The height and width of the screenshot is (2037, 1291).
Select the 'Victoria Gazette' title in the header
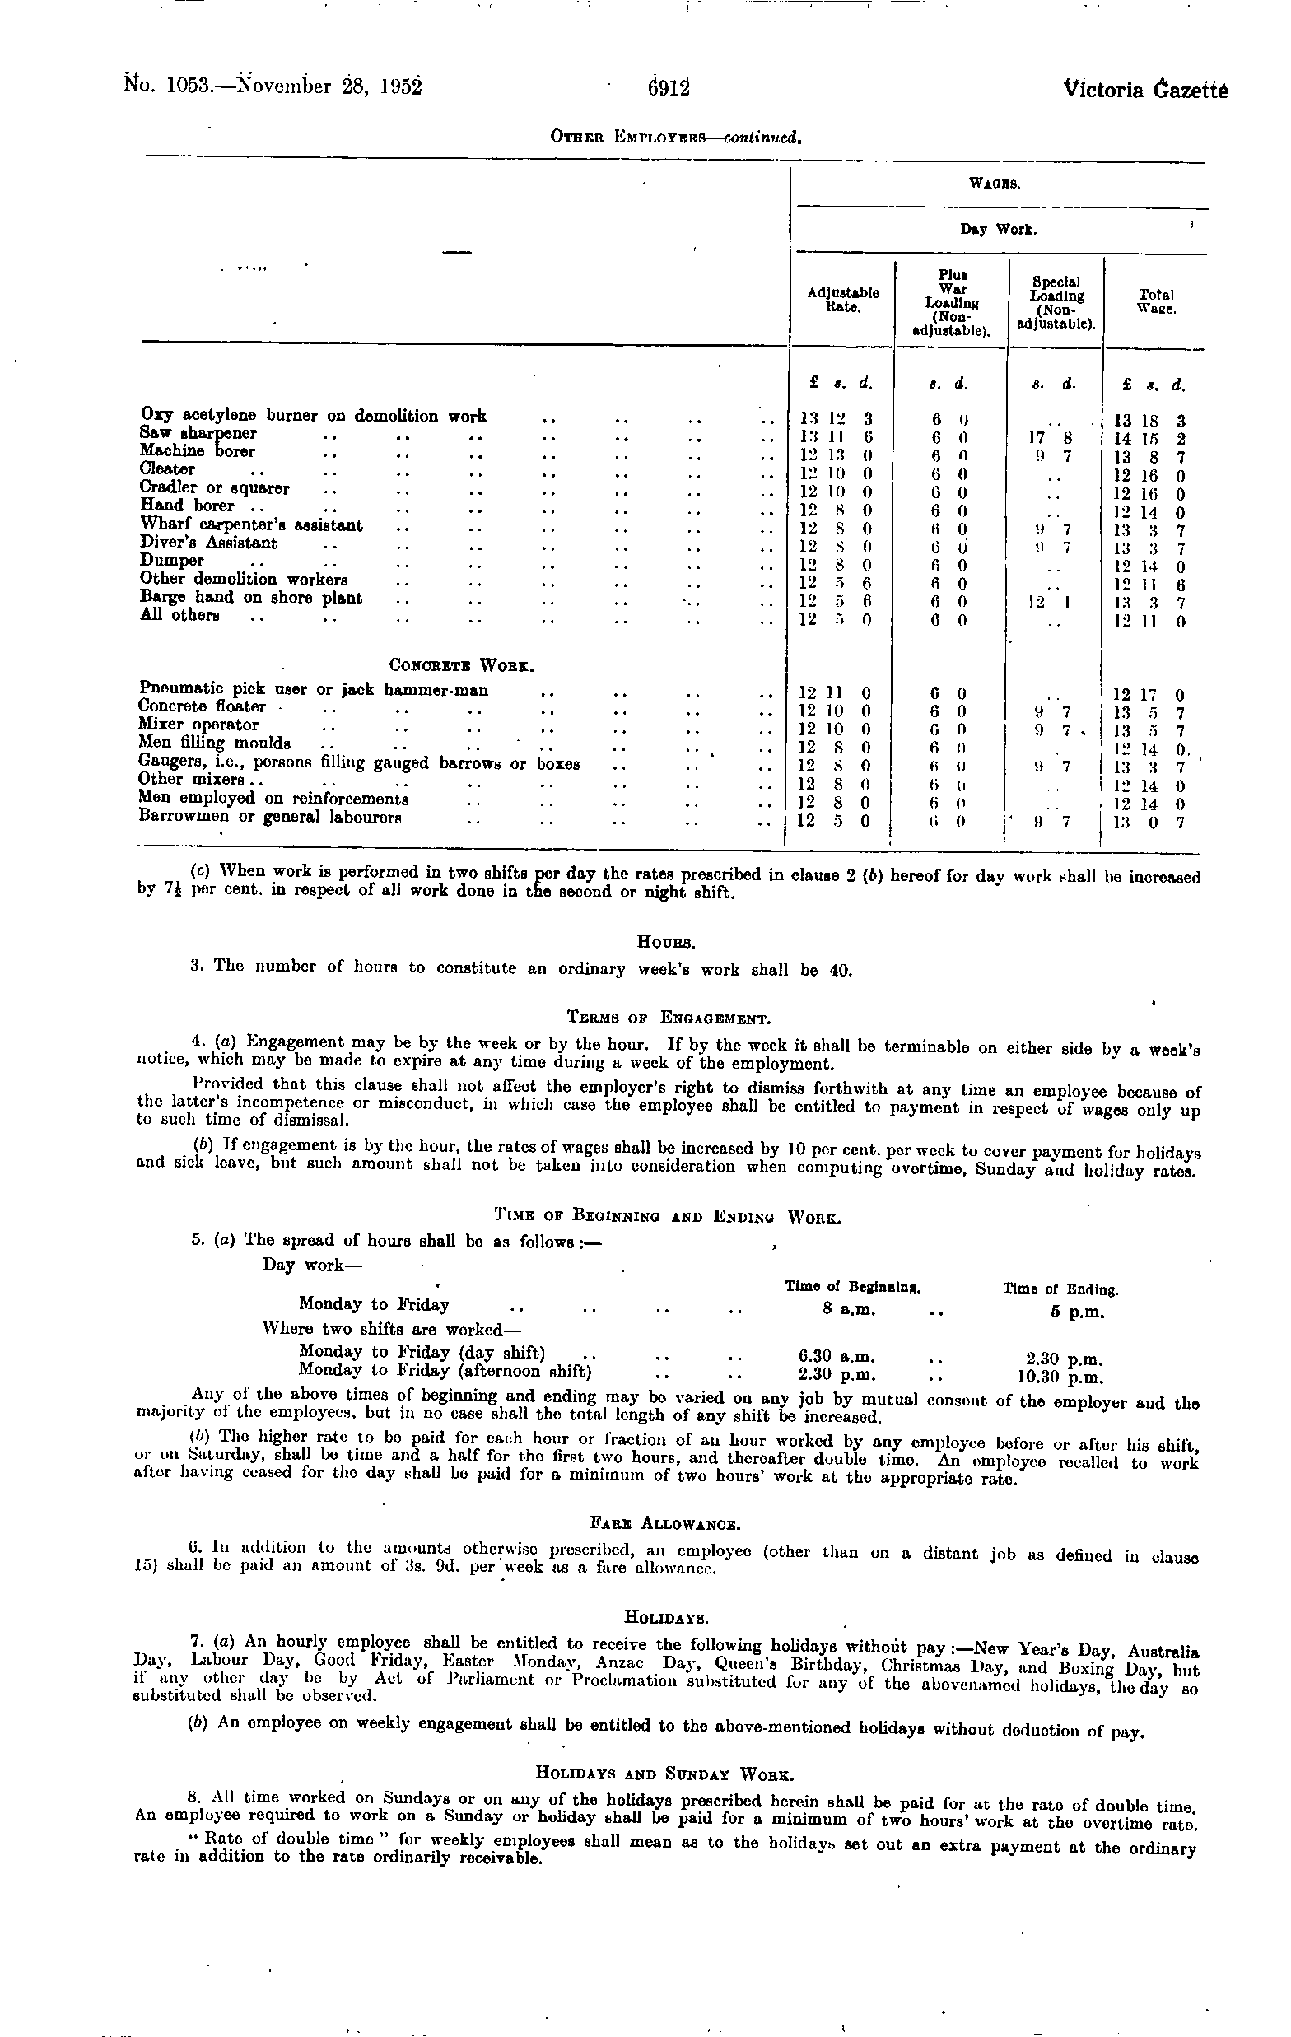pyautogui.click(x=1145, y=89)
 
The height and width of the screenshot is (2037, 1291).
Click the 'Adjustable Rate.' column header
pyautogui.click(x=842, y=300)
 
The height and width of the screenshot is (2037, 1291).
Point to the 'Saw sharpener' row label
pyautogui.click(x=198, y=433)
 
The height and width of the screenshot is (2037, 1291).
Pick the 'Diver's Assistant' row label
pyautogui.click(x=209, y=543)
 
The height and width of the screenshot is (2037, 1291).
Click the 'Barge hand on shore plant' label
pyautogui.click(x=251, y=597)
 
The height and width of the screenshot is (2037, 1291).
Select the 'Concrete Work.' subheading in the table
pyautogui.click(x=461, y=665)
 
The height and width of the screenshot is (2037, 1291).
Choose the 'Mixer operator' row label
pyautogui.click(x=198, y=724)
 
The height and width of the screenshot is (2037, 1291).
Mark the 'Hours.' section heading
pyautogui.click(x=667, y=939)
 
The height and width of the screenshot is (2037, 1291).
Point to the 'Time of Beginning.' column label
pyautogui.click(x=852, y=1287)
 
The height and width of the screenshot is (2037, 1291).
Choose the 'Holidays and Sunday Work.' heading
pyautogui.click(x=665, y=1772)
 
